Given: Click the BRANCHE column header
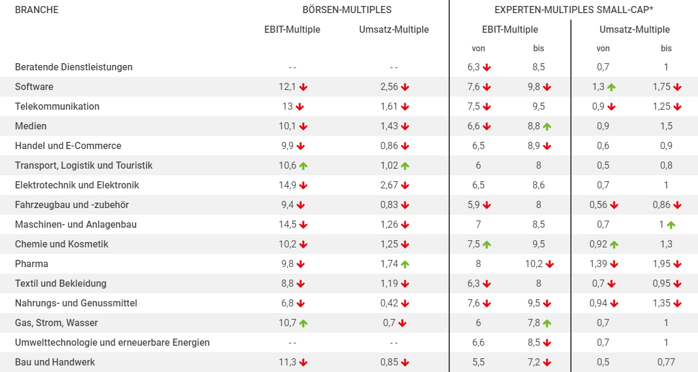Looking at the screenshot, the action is pos(36,10).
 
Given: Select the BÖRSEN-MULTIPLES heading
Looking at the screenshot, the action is pos(347,10).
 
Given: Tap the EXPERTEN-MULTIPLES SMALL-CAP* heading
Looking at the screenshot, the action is pos(574,10).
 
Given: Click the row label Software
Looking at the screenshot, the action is pos(34,87).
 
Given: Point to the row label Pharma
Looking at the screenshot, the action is pos(32,264).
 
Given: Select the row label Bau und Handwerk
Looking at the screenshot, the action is pos(55,362).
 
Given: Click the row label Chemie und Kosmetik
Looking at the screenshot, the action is pos(61,244).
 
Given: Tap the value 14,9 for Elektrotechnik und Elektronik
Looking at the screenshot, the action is pos(288,185).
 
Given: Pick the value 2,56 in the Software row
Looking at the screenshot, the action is pos(389,87).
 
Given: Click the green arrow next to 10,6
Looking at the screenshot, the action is pos(303,166).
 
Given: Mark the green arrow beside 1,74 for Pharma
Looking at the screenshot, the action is pos(404,264).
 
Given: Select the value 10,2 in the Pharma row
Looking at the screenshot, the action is pos(534,264).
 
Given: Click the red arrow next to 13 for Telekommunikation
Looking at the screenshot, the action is pos(299,107).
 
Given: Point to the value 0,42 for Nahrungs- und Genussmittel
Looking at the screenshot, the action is pos(389,303).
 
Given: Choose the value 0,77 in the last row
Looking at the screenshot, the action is pos(666,362).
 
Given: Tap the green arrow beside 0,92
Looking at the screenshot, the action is pos(614,245).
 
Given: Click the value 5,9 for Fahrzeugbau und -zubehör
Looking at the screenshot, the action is pos(474,204).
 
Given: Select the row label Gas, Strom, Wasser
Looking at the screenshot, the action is pos(56,323).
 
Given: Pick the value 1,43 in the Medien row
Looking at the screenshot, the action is pos(389,126).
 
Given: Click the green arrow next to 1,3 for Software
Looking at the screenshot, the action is pos(611,87).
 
